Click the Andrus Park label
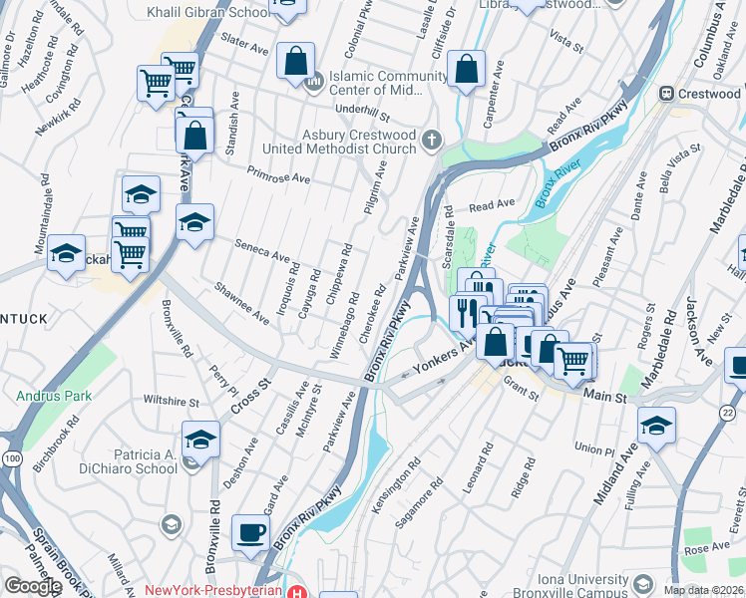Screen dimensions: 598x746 54,396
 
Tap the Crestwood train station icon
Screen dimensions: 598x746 666,94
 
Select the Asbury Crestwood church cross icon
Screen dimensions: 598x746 432,139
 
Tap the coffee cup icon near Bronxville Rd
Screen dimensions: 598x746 250,532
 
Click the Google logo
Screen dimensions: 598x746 32,586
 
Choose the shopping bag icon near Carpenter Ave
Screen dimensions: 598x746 466,70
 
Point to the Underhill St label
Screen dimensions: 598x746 363,114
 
